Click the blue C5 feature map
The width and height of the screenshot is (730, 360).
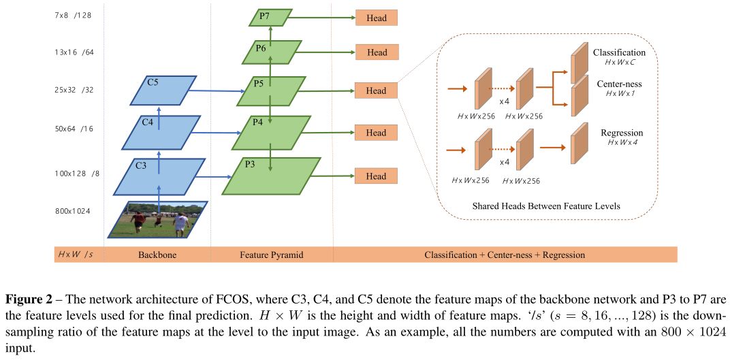point(163,91)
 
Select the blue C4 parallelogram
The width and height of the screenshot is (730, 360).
point(161,133)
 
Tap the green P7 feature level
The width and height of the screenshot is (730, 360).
point(269,18)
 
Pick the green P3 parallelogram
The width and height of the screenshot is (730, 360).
point(272,176)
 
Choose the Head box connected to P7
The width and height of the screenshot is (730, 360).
point(377,18)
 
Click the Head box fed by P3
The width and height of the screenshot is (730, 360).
point(377,176)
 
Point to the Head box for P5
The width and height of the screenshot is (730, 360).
point(377,91)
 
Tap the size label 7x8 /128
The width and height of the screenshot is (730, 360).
point(73,16)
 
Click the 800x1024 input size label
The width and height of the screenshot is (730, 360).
point(72,211)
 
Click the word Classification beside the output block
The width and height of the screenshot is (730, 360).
point(619,52)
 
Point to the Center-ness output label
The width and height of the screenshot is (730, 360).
point(618,84)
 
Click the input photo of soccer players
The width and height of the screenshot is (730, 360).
point(158,220)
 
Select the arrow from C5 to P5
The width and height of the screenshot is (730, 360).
point(217,91)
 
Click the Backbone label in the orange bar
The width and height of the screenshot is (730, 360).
point(157,255)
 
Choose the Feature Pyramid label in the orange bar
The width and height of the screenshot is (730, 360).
point(272,255)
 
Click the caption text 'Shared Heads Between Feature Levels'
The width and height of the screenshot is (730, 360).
point(546,206)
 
